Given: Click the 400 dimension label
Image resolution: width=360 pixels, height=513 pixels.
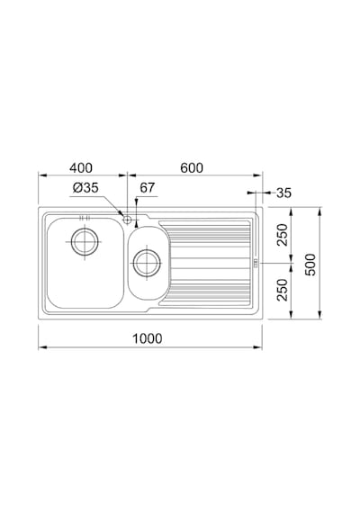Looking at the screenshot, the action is (81, 167).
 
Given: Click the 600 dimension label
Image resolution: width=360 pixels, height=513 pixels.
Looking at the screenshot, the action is (192, 167).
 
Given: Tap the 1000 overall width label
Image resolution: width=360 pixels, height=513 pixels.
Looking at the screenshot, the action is (147, 338).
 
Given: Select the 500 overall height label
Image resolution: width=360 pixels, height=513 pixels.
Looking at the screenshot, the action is (310, 265).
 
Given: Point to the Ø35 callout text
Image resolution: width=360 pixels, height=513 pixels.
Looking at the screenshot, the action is (85, 188).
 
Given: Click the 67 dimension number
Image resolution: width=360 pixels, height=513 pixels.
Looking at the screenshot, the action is (147, 187).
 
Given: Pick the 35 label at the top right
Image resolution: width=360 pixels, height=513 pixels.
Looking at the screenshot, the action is (283, 193).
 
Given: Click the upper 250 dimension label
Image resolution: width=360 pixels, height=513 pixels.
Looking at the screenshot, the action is (282, 235).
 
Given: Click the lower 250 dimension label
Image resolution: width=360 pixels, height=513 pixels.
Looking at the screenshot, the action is (282, 290).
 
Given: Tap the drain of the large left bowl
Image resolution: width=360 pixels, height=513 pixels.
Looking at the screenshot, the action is (85, 242).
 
